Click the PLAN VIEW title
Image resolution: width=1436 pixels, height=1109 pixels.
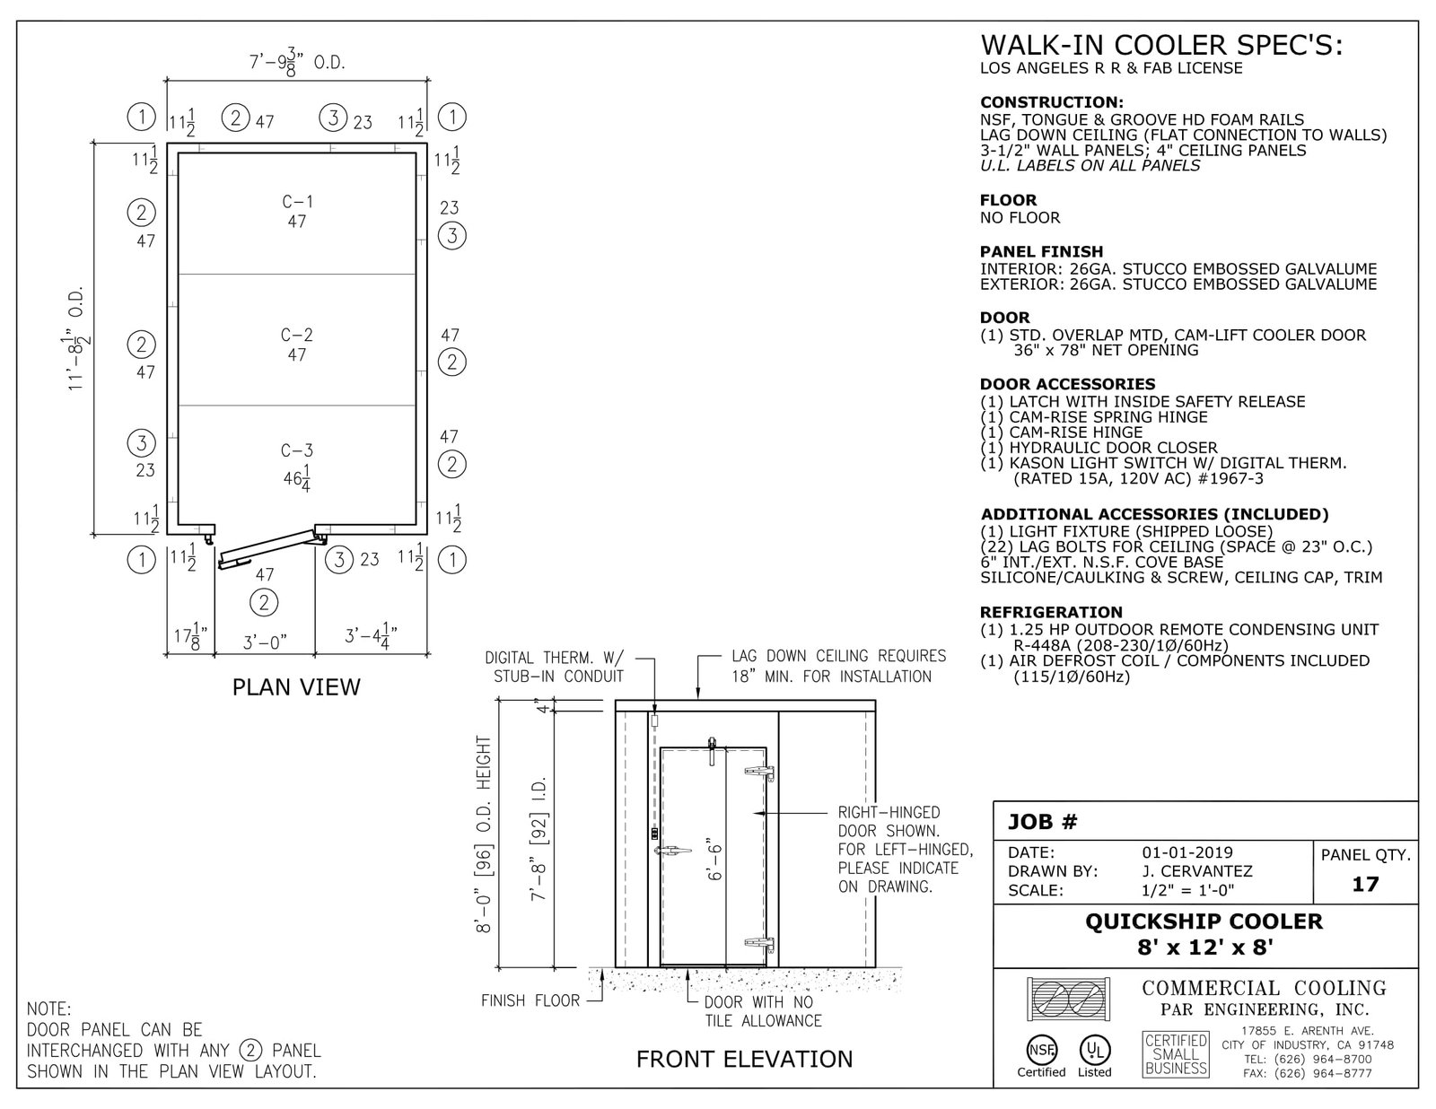point(296,687)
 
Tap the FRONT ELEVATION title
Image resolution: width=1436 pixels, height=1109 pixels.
point(744,1059)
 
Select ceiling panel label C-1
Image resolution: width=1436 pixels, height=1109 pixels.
point(297,202)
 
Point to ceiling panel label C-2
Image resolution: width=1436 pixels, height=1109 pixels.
point(297,335)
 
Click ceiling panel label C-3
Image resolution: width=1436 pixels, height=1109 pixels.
point(297,450)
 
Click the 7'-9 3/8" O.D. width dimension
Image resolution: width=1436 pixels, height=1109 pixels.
point(297,63)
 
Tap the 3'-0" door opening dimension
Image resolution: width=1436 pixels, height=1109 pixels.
point(265,642)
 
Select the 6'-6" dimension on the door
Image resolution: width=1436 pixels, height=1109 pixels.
point(714,862)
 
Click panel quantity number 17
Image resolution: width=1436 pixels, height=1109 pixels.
point(1365,884)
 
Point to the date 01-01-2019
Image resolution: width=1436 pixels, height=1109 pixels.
point(1187,852)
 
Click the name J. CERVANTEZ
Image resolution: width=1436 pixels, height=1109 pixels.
point(1197,871)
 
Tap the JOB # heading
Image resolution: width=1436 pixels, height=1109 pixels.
point(1042,822)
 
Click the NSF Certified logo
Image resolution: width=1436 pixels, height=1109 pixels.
point(1041,1055)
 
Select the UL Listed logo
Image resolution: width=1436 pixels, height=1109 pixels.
point(1094,1055)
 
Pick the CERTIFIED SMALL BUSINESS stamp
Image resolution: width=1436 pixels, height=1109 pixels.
point(1176,1054)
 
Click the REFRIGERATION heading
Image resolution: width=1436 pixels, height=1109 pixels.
point(1051,612)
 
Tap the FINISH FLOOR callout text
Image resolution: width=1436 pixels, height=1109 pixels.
point(530,1000)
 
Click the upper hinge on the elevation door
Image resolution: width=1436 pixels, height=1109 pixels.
point(759,772)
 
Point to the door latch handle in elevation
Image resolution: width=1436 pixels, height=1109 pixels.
point(673,851)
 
